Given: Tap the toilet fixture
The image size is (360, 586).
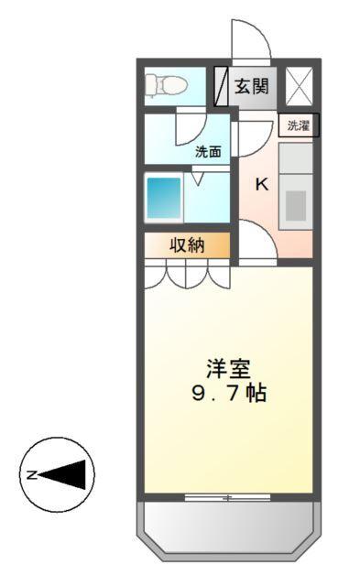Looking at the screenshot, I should click(x=166, y=86).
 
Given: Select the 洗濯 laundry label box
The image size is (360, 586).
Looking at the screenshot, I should click(x=299, y=126).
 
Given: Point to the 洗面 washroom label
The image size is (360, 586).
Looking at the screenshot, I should click(x=208, y=153).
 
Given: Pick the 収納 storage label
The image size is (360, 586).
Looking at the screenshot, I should click(x=187, y=244).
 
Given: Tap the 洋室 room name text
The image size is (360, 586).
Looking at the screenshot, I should click(x=227, y=370).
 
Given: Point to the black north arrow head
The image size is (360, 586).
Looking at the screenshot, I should click(x=68, y=474).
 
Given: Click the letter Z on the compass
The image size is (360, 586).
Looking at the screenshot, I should click(x=29, y=474).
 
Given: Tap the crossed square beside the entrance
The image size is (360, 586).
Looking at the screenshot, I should click(x=299, y=87).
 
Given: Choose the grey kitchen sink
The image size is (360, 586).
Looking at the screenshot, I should click(x=295, y=205).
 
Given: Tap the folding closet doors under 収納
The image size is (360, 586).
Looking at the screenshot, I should click(x=187, y=274).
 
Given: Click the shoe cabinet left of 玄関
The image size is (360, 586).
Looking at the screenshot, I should click(x=221, y=87).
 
